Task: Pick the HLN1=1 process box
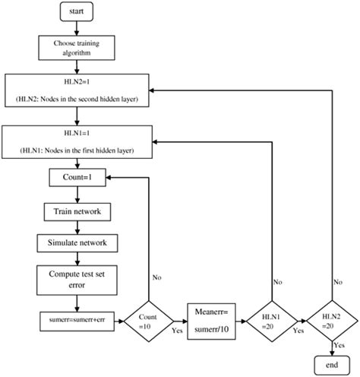pos(81,141)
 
